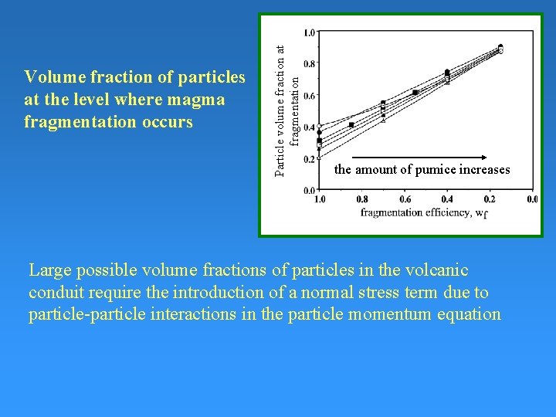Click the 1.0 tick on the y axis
tap(309, 32)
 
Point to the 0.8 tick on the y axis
tap(309, 64)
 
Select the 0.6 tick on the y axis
tap(309, 96)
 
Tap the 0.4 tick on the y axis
tap(309, 127)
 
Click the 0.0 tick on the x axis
tap(532, 199)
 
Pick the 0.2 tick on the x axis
tap(490, 199)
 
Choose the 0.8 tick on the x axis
tap(361, 199)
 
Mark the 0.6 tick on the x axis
tap(404, 199)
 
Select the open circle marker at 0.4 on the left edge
tap(319, 126)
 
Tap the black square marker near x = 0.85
tap(351, 124)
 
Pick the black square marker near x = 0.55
tap(415, 93)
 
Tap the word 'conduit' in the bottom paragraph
tap(53, 293)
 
